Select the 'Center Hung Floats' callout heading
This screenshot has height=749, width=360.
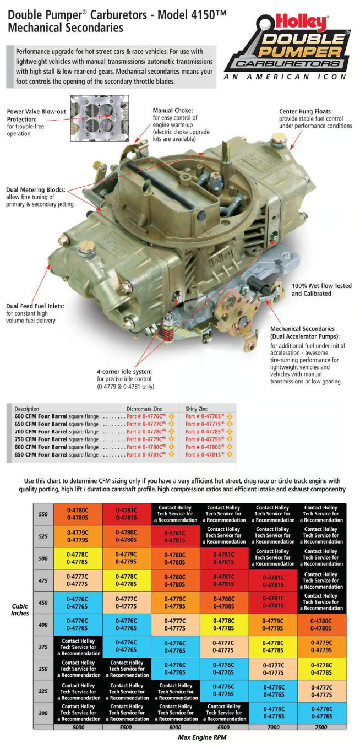coord(305,111)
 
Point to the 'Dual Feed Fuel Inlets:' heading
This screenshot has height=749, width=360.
coord(35,306)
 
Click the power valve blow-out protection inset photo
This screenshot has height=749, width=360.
coord(100,117)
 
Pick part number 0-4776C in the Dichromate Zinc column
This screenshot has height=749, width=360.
coord(146,416)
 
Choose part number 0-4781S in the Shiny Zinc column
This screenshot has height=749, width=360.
coord(204,455)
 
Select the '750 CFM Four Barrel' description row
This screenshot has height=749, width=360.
coord(57,439)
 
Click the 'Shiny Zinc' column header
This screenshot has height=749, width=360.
coord(197,409)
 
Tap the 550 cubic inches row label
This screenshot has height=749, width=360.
coord(43,514)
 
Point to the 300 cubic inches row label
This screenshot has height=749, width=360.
coord(43,712)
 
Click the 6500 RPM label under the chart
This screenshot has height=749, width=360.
coord(223,727)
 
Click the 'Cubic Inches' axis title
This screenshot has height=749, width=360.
coord(20,609)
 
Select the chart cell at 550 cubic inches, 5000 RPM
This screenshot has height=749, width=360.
coord(78,514)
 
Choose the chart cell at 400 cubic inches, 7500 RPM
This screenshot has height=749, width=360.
coord(321,624)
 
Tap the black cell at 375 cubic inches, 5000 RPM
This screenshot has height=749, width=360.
coord(78,647)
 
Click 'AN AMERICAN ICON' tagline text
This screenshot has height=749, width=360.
coord(286,77)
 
